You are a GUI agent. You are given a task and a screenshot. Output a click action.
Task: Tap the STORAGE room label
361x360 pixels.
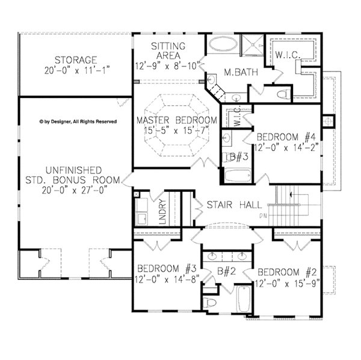tap(76, 60)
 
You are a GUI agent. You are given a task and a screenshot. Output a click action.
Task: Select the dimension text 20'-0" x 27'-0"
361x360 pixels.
tap(75, 191)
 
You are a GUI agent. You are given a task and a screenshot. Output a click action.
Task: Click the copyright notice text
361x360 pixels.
tap(78, 121)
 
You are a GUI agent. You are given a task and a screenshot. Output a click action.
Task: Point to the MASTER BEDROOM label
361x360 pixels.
tap(177, 120)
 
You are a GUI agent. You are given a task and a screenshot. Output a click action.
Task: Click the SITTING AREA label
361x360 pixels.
tap(168, 50)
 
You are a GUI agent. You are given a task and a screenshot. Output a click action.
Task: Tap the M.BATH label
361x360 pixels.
tap(241, 73)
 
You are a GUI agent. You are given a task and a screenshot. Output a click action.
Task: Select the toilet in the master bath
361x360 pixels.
tap(283, 94)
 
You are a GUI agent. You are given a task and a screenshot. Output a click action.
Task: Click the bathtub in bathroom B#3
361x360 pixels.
tap(238, 175)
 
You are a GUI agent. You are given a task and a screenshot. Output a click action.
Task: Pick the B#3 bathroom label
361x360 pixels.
tap(239, 157)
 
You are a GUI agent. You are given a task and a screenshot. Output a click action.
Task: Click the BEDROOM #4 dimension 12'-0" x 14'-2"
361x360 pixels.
tap(286, 148)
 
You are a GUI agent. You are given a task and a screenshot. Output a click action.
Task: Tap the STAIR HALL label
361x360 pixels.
tap(235, 204)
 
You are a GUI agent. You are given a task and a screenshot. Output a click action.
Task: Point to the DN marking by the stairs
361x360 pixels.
tap(263, 216)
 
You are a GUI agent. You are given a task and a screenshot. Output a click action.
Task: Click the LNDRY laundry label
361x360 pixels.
tap(162, 212)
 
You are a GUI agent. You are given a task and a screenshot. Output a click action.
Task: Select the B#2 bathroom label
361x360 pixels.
tap(227, 271)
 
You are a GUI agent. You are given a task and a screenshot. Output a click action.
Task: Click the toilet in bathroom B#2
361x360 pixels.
tap(210, 302)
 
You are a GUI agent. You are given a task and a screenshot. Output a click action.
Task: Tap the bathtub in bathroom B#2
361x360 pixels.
tap(244, 299)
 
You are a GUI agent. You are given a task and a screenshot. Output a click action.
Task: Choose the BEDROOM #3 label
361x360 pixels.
tap(167, 269)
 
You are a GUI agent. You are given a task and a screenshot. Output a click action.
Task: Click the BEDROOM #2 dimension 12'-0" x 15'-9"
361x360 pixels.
tap(287, 284)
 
